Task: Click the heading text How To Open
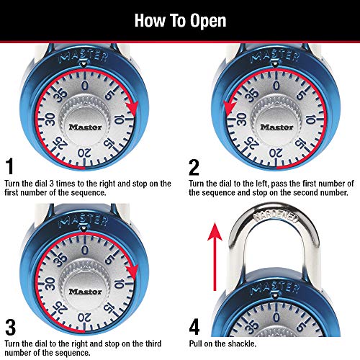180,19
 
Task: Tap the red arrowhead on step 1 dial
131,109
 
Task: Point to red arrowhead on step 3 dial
131,270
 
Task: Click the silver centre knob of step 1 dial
86,127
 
